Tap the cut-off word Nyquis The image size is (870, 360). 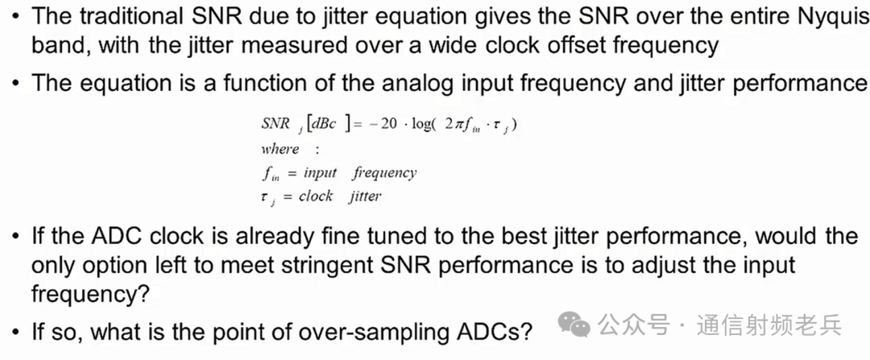coord(835,18)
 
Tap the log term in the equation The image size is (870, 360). coord(421,125)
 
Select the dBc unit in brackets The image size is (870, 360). coord(324,125)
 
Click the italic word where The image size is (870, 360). coord(280,149)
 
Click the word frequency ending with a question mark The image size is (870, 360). coord(90,294)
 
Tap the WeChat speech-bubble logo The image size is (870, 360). coord(574,324)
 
